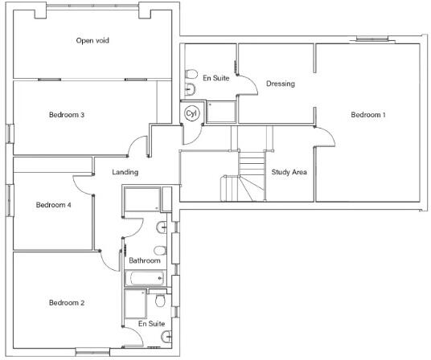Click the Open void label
(92, 41)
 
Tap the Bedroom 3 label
(67, 114)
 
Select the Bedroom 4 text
(54, 205)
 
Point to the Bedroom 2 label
(67, 303)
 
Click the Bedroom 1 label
(368, 114)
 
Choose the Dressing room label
(281, 84)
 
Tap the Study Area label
(289, 172)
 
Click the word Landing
(125, 172)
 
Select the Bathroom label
(145, 260)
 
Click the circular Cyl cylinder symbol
(191, 113)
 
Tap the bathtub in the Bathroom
(145, 278)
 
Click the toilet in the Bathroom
(160, 251)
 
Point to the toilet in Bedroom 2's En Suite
(160, 301)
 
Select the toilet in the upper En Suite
(191, 74)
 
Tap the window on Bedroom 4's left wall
(10, 200)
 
